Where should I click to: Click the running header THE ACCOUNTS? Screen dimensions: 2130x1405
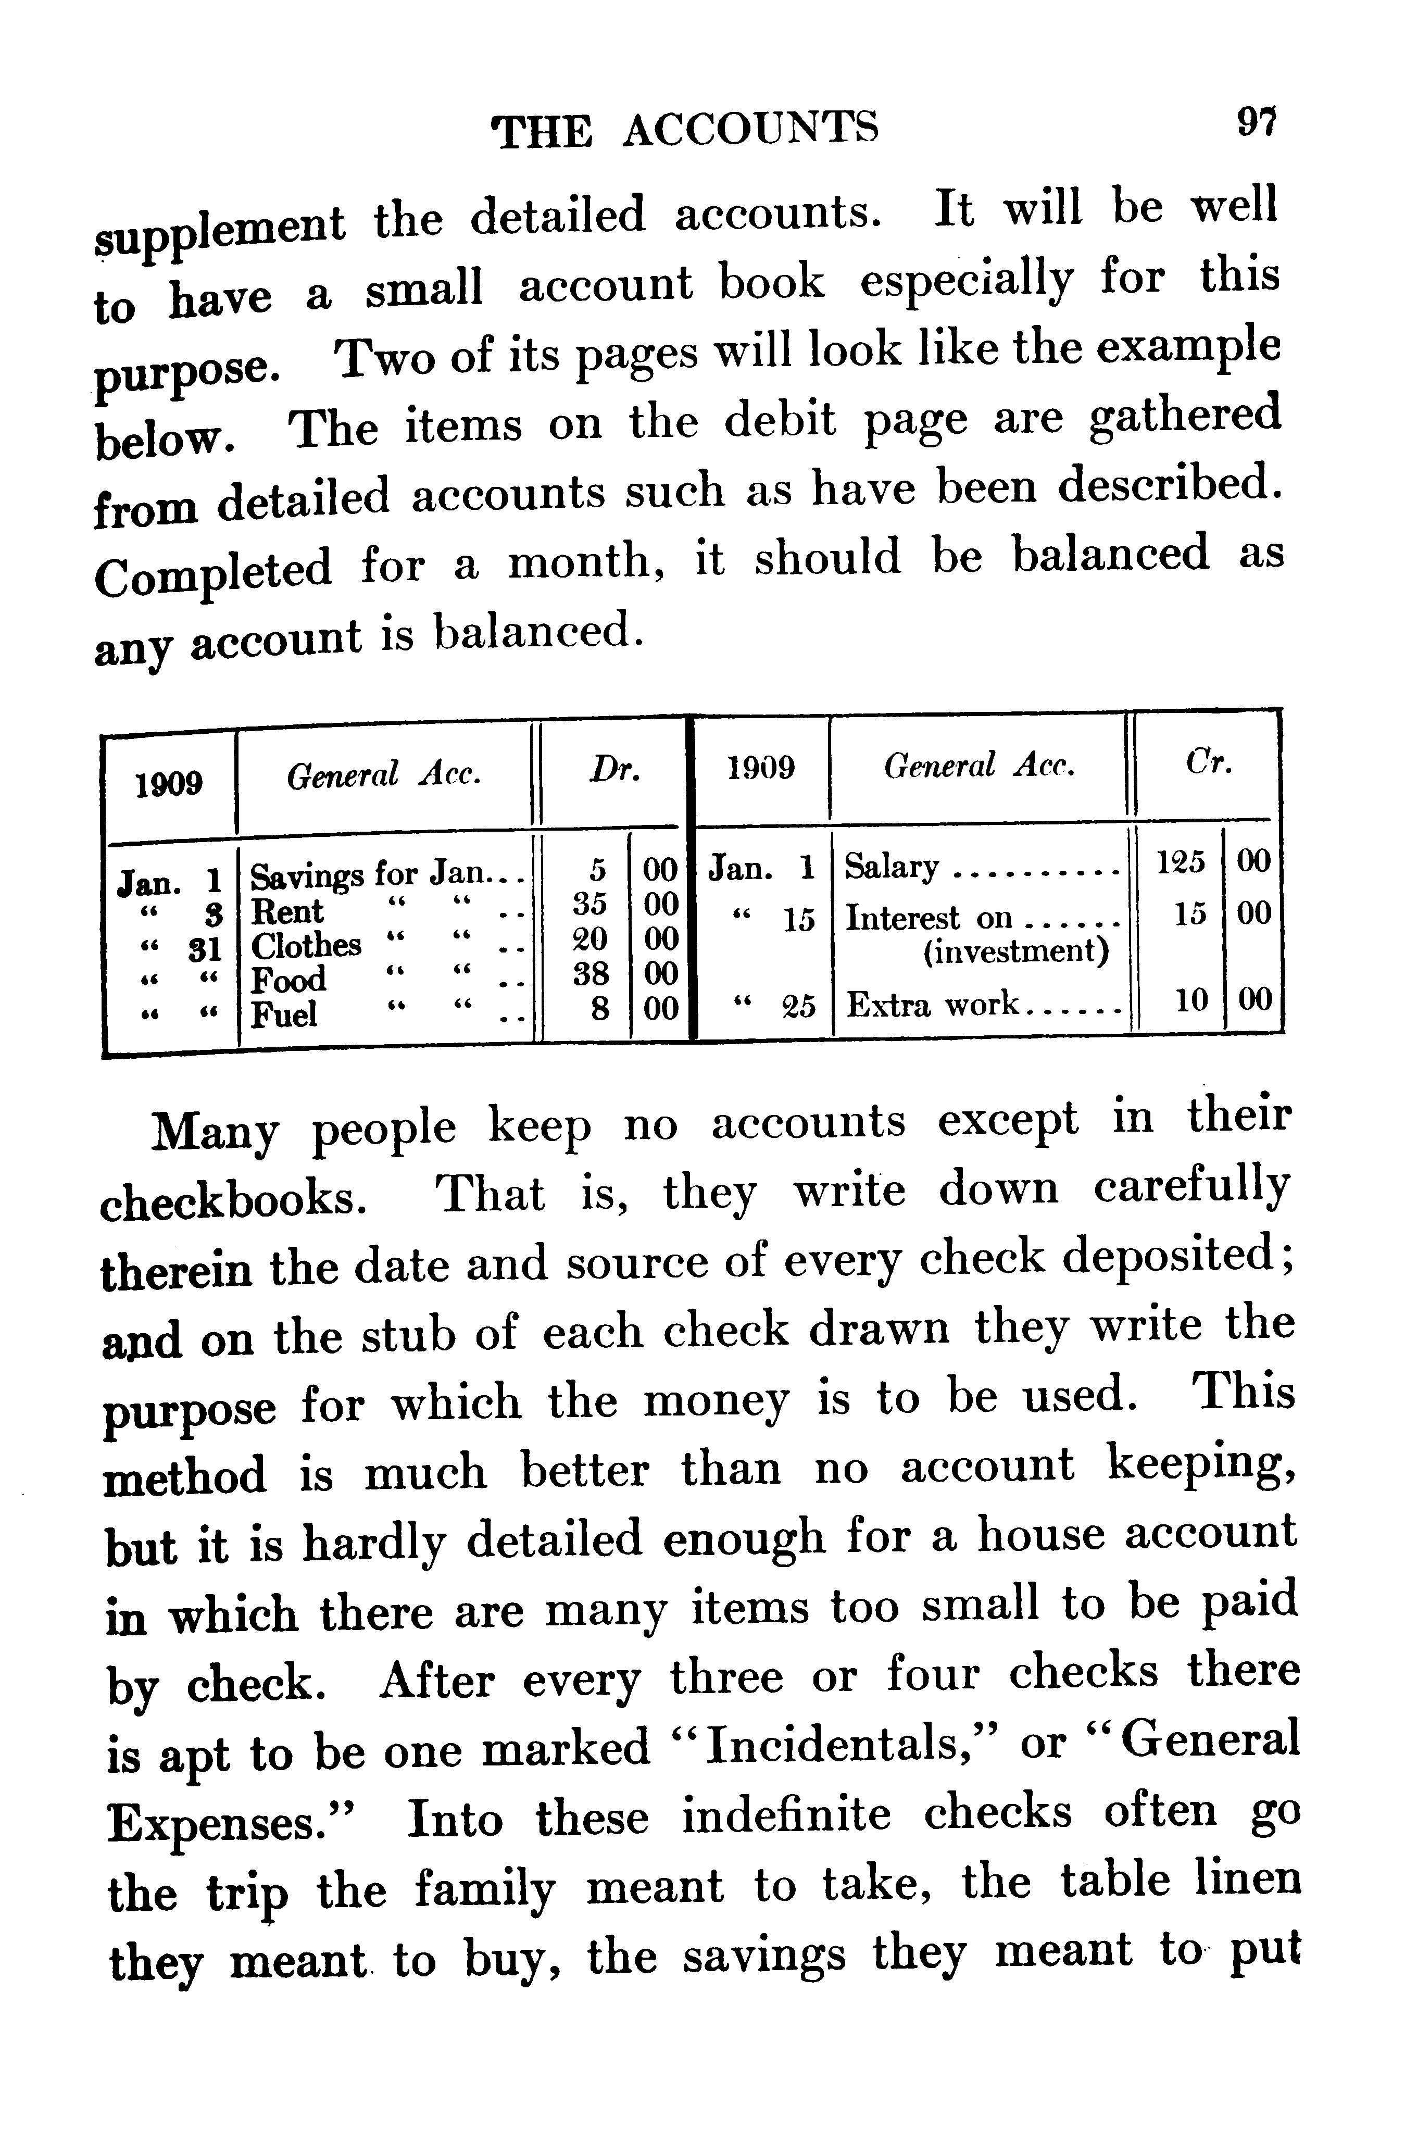click(685, 130)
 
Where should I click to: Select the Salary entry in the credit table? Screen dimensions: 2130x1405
click(892, 868)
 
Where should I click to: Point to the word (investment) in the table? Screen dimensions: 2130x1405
click(1016, 951)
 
